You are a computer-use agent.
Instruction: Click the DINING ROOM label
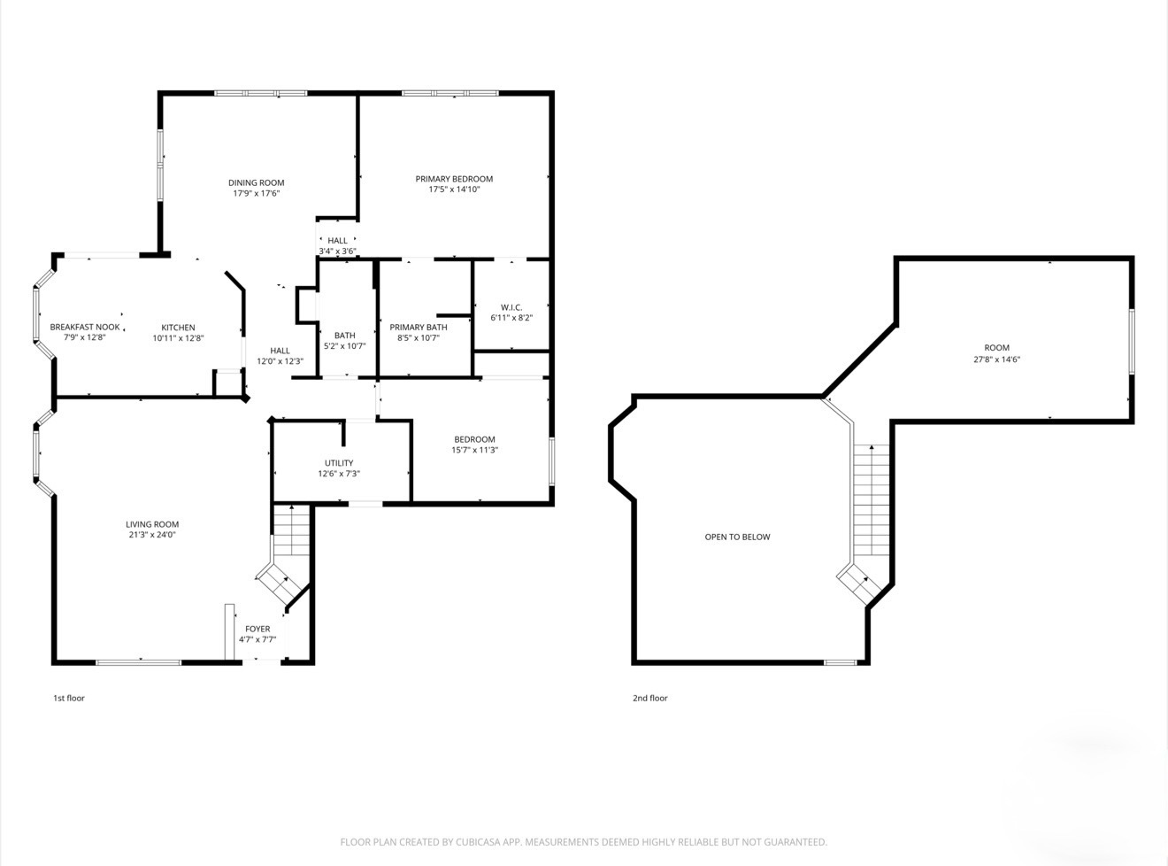click(x=256, y=183)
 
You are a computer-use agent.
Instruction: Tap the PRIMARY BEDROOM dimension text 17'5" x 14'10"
click(x=454, y=189)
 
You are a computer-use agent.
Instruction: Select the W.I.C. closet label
click(x=511, y=307)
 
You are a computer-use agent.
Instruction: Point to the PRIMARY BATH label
click(x=419, y=328)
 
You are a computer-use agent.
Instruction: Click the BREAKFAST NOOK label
click(x=85, y=328)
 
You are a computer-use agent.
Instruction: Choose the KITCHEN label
click(x=178, y=328)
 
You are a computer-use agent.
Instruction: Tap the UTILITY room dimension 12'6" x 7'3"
click(x=339, y=474)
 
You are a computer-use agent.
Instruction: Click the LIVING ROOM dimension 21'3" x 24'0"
click(x=152, y=535)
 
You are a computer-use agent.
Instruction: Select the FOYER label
click(x=257, y=629)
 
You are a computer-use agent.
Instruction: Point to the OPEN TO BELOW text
click(x=737, y=537)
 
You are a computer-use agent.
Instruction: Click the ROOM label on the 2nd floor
click(x=997, y=348)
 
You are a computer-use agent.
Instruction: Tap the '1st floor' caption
click(x=69, y=698)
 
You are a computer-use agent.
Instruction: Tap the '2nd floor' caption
click(x=649, y=698)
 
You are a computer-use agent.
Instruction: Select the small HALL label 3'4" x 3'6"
click(x=337, y=241)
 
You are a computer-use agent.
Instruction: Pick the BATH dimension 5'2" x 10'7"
click(x=345, y=346)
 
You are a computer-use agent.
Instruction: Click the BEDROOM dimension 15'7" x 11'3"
click(x=474, y=450)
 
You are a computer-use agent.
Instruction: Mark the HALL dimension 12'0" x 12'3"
click(x=280, y=361)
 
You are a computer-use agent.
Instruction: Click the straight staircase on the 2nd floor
click(x=872, y=499)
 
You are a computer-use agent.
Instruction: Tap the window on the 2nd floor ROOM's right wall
click(x=1131, y=342)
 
